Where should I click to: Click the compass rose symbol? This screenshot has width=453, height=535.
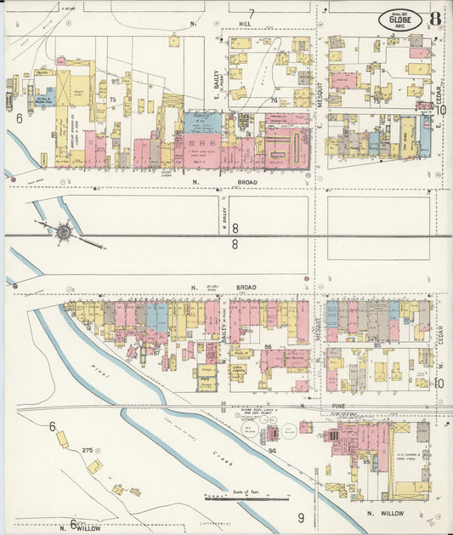(64, 231)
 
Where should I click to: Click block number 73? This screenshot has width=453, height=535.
(112, 101)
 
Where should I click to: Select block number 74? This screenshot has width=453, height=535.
(274, 100)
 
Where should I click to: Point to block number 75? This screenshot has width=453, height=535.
(376, 100)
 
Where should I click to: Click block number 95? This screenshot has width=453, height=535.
(366, 462)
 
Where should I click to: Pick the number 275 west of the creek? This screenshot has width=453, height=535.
(87, 448)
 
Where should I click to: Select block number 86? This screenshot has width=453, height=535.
(269, 347)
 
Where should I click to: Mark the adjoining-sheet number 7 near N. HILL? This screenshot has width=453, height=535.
(252, 13)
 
